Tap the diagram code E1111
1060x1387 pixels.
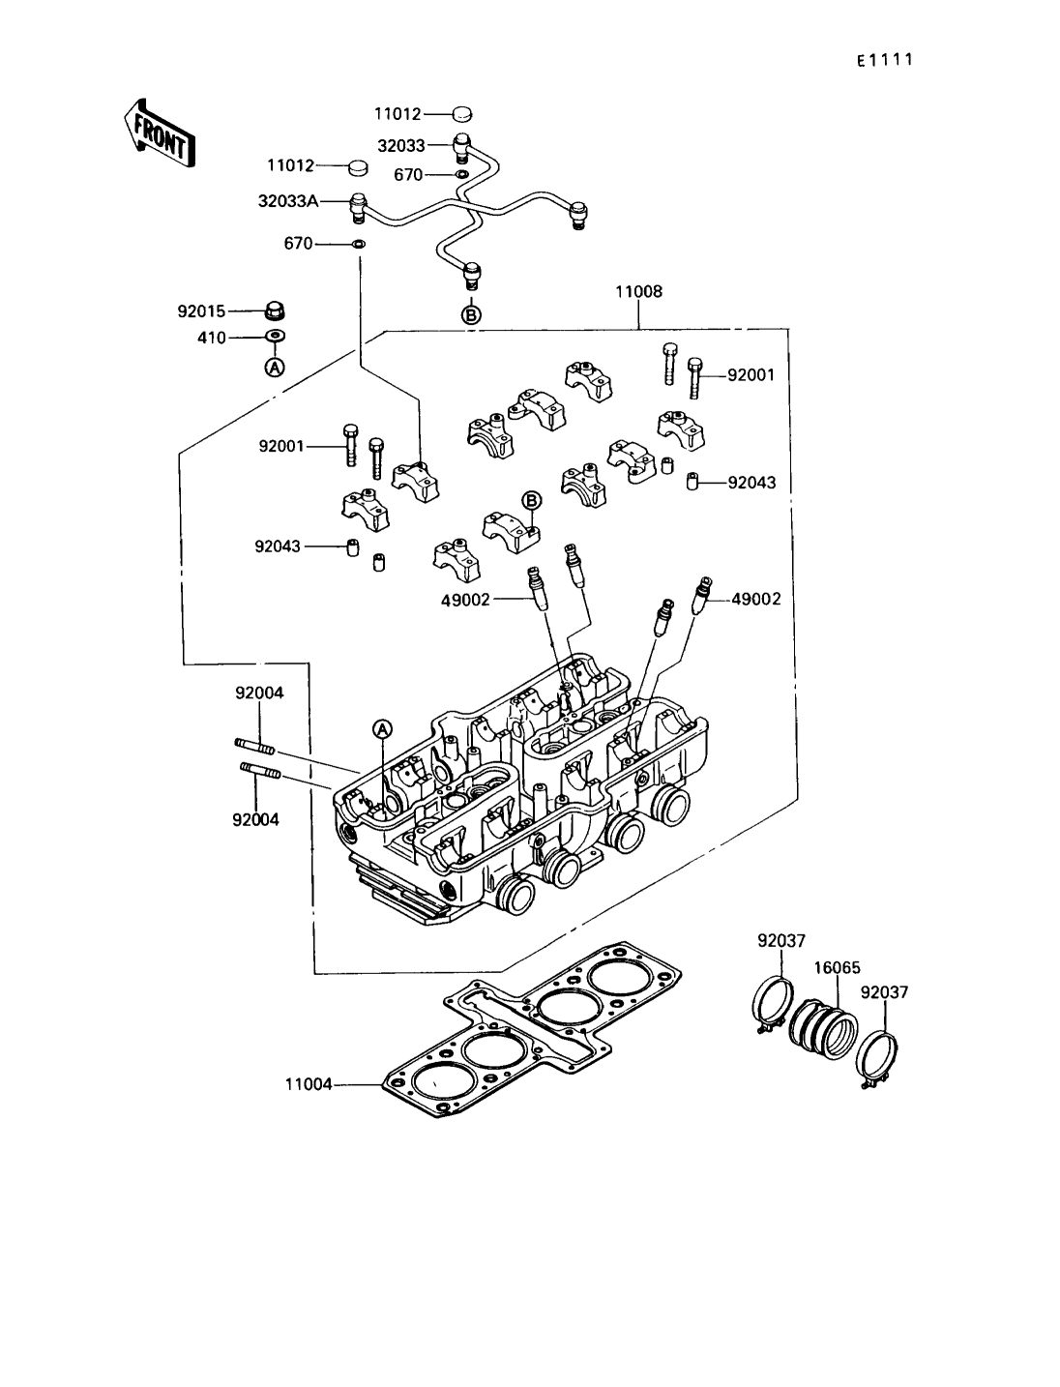click(x=884, y=60)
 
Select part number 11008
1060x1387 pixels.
click(x=638, y=291)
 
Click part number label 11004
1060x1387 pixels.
click(x=309, y=1085)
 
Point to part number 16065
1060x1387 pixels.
click(x=837, y=966)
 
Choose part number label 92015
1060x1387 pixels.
click(x=201, y=311)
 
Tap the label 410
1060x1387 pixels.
click(x=211, y=338)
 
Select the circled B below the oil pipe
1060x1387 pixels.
click(x=472, y=314)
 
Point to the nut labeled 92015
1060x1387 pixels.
click(x=276, y=311)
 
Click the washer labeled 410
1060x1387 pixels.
click(x=276, y=337)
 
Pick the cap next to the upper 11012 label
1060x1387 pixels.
click(x=462, y=113)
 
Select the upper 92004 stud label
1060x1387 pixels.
click(x=259, y=693)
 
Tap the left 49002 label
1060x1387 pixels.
click(x=466, y=600)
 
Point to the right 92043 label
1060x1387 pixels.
click(x=751, y=482)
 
